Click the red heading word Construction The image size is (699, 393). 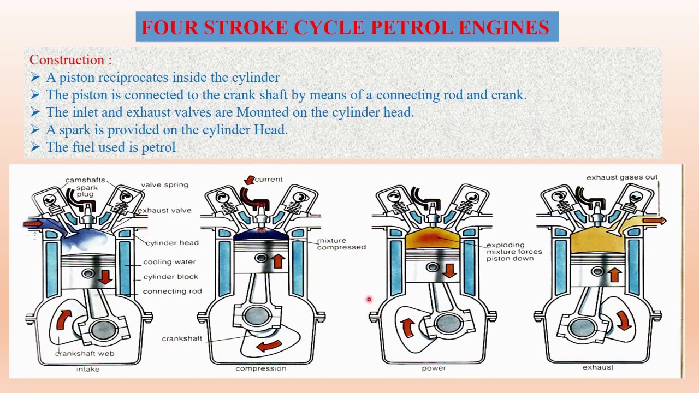[67, 60]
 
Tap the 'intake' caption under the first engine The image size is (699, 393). [88, 369]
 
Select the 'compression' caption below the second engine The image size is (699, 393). [261, 368]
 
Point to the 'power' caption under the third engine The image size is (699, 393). [434, 368]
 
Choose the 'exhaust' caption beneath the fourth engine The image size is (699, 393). [598, 367]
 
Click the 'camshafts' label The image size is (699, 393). [85, 180]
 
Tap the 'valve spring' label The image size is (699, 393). [164, 184]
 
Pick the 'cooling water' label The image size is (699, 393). [169, 262]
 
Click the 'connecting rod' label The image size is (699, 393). [172, 291]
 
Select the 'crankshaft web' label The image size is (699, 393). [85, 353]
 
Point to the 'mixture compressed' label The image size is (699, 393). [341, 244]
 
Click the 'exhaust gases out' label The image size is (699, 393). [622, 177]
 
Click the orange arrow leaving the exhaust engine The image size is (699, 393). [654, 221]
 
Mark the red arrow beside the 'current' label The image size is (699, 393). [250, 180]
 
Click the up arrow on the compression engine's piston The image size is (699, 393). [278, 261]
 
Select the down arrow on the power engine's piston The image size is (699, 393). [449, 270]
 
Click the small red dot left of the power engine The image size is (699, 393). [369, 299]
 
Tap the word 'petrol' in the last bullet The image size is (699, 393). [159, 147]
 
